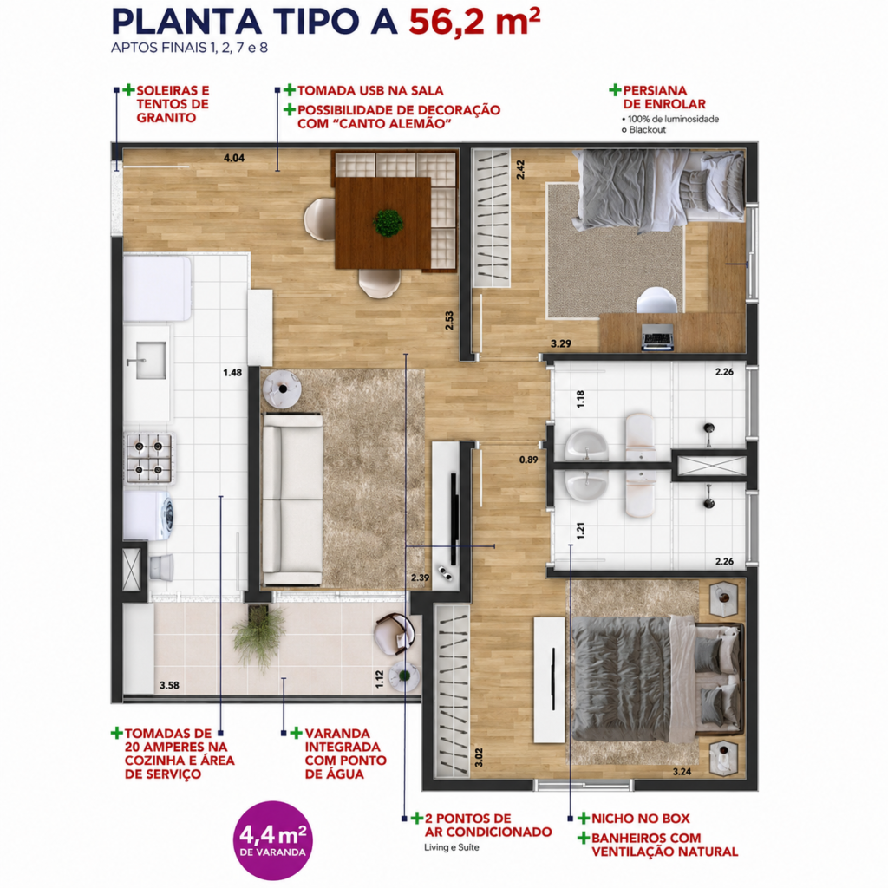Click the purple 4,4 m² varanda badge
pos(273,839)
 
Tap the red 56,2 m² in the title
pos(474,22)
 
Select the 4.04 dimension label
pos(234,158)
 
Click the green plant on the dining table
pos(388,223)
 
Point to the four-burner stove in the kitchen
pos(149,458)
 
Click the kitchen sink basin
pos(150,360)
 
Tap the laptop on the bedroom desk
pos(657,337)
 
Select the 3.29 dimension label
pos(561,343)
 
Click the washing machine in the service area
pos(148,515)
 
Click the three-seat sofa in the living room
pos(292,499)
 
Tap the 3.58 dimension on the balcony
pos(169,685)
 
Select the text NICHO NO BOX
pos(641,819)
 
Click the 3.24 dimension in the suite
pos(682,771)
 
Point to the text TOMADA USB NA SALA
pos(370,90)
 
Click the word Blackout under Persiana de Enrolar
pos(647,130)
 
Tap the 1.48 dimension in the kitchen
pos(232,373)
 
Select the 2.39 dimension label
pos(421,578)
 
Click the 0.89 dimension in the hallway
pos(528,460)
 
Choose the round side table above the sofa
pos(282,388)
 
